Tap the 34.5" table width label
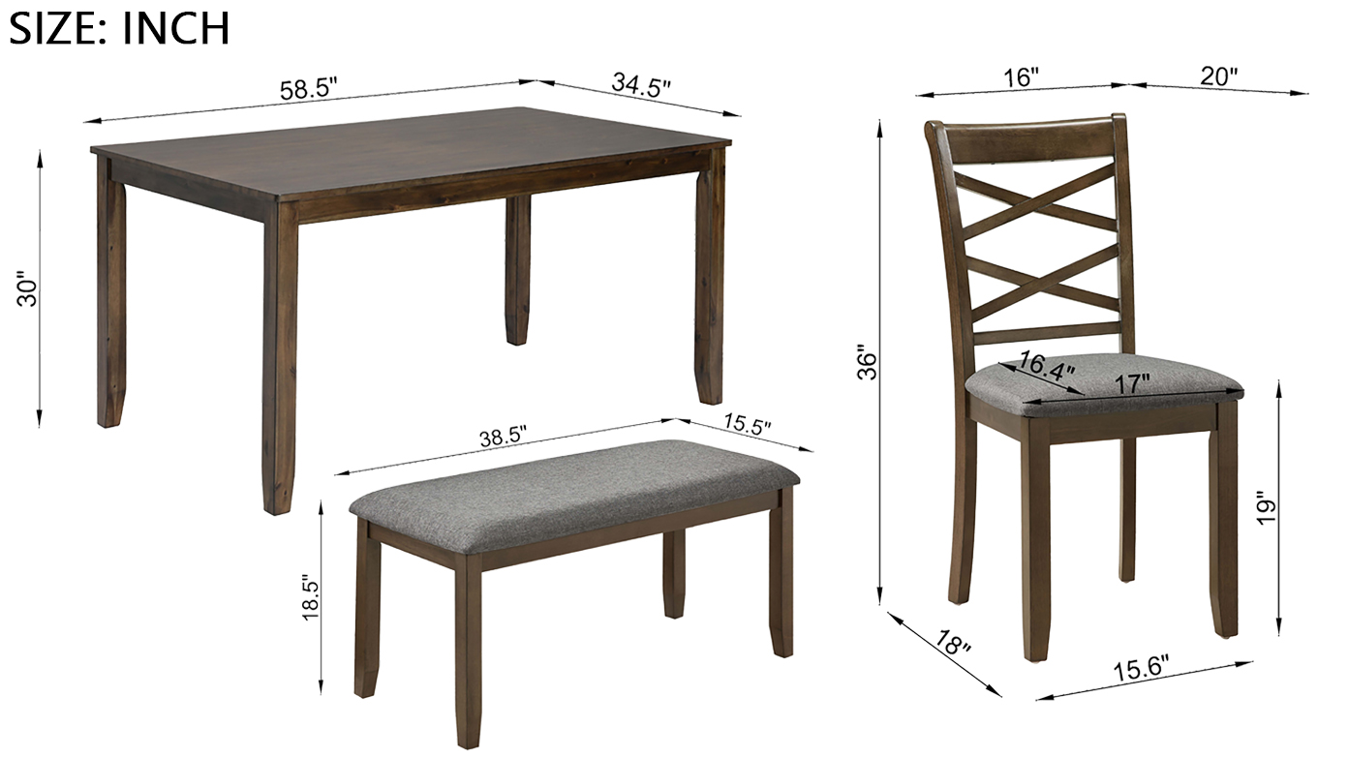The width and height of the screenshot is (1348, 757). (x=641, y=85)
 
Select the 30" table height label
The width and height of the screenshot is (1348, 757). (x=28, y=292)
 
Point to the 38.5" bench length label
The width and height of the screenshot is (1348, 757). (x=504, y=437)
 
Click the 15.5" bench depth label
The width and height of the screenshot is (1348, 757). (x=747, y=424)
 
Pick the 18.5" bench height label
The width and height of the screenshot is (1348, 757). (x=310, y=599)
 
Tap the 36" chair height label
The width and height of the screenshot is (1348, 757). (x=868, y=362)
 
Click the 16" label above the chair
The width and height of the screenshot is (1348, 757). (x=1021, y=78)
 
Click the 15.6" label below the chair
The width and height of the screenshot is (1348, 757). (x=1141, y=670)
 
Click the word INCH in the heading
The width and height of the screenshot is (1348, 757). (x=175, y=28)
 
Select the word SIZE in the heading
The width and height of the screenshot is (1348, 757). (x=52, y=28)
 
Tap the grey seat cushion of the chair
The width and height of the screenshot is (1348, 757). (x=1105, y=385)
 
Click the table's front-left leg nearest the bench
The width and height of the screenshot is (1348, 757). (x=280, y=358)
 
